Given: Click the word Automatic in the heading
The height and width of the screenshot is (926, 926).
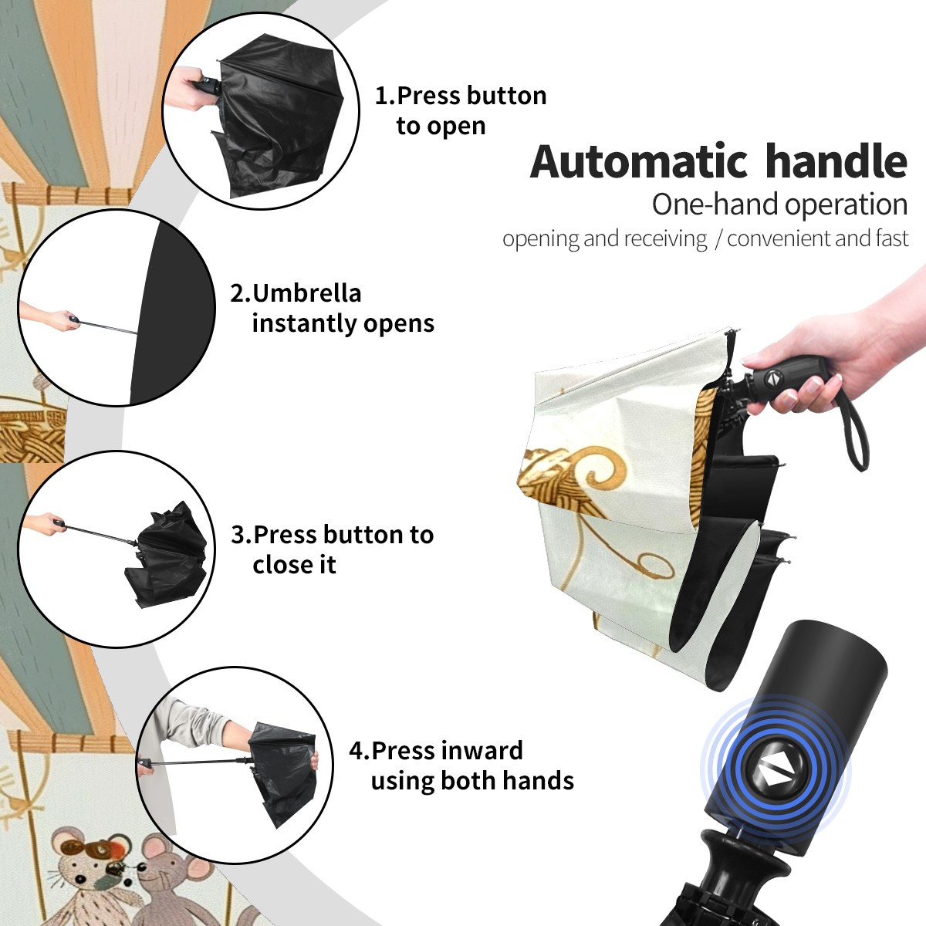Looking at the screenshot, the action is point(639,161).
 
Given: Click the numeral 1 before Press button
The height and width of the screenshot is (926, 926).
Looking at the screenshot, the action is point(380,96).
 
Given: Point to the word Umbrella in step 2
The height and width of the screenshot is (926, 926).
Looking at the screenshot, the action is point(306,293).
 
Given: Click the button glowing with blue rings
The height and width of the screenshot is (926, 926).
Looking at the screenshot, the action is point(775,775).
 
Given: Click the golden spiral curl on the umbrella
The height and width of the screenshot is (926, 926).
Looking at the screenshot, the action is point(606,465).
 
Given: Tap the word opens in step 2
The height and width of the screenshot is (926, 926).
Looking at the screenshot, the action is point(403,324).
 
